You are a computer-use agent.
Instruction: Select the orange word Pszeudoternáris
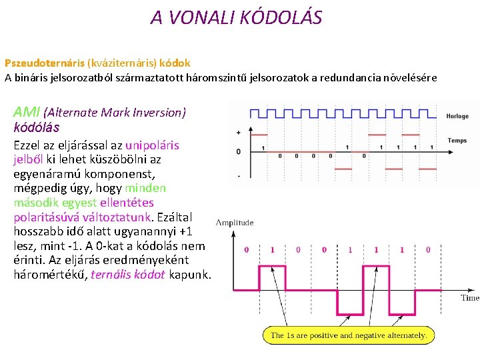tap(45, 63)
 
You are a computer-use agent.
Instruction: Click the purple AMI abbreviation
tap(27, 112)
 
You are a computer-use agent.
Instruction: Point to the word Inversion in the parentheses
tap(159, 113)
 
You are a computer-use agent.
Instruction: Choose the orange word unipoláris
tap(152, 145)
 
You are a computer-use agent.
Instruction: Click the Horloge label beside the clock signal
tap(457, 116)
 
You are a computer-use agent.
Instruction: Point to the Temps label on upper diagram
tap(457, 141)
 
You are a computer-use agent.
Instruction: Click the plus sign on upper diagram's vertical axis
tap(238, 133)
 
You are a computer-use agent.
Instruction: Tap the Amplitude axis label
tap(234, 222)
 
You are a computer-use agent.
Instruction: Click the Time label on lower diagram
tap(469, 298)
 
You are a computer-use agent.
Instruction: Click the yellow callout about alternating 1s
tap(349, 335)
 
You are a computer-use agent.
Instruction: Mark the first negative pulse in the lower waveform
tap(350, 300)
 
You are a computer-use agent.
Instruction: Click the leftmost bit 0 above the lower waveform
tap(246, 249)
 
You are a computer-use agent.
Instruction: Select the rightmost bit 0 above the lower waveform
tap(427, 249)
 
